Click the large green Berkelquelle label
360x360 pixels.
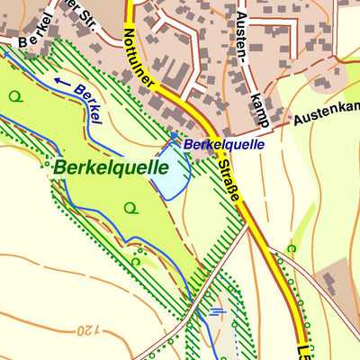(x=111, y=166)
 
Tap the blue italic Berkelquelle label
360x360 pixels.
(x=224, y=144)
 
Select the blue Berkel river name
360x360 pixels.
(x=89, y=103)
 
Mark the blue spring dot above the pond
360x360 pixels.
(x=175, y=136)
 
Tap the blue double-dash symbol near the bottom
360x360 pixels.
(x=216, y=313)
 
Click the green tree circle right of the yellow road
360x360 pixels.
(x=291, y=247)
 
